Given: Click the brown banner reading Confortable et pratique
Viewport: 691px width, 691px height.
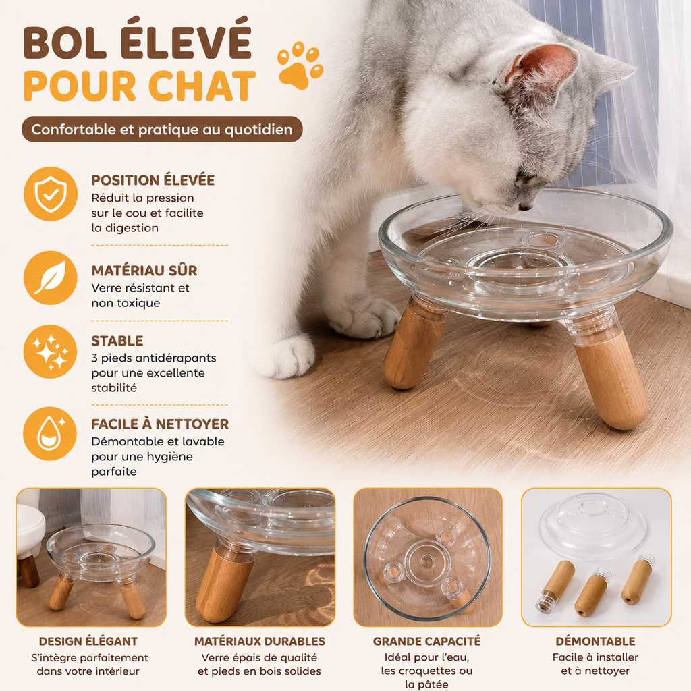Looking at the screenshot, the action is click(x=162, y=129).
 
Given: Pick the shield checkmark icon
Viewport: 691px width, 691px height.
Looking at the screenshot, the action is click(x=51, y=194).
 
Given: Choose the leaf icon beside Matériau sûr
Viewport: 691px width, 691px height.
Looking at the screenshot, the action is click(x=51, y=277).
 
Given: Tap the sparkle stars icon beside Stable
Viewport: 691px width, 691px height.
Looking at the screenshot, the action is click(x=50, y=352).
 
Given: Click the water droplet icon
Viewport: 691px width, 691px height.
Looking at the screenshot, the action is click(x=50, y=434).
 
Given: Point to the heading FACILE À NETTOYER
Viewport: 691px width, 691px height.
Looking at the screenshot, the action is click(x=160, y=424).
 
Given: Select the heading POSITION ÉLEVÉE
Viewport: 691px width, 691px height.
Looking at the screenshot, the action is click(x=153, y=180).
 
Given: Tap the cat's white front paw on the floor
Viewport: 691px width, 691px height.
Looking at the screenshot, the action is click(x=287, y=356).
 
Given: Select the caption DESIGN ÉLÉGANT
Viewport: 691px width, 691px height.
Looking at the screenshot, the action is click(x=88, y=641).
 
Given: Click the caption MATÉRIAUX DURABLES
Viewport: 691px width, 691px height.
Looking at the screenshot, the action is click(x=260, y=641).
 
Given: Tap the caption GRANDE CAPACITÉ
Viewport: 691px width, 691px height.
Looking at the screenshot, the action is click(x=427, y=641).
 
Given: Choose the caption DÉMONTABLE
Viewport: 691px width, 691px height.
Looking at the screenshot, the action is click(x=595, y=641).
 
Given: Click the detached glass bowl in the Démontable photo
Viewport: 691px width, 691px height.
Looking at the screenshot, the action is click(x=592, y=526).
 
